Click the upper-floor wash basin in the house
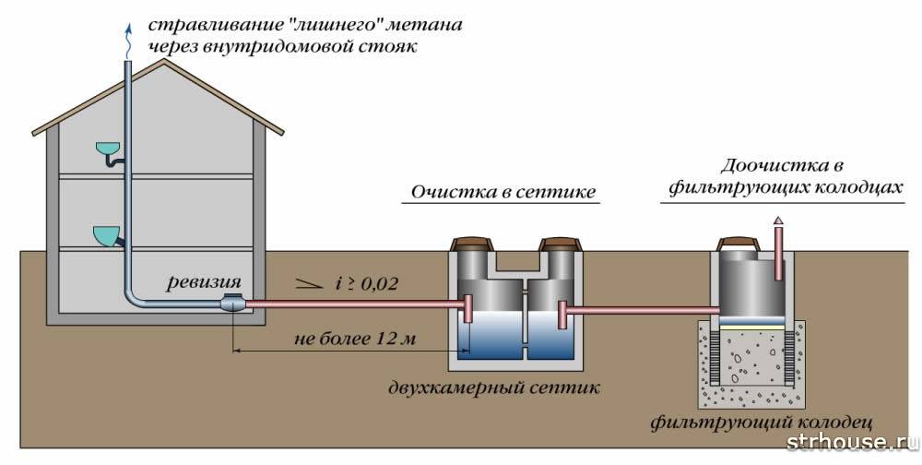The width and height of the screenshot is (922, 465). click(108, 148)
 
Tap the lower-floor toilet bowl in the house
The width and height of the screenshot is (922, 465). click(106, 236)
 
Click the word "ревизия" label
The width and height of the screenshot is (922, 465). click(204, 282)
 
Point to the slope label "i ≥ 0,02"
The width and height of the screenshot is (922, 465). click(366, 284)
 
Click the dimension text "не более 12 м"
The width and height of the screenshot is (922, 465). click(355, 339)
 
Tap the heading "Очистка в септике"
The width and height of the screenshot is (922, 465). click(502, 192)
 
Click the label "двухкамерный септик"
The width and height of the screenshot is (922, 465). click(494, 387)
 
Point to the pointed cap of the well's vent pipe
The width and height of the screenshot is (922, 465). click(778, 221)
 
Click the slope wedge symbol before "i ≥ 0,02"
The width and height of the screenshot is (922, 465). click(309, 284)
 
